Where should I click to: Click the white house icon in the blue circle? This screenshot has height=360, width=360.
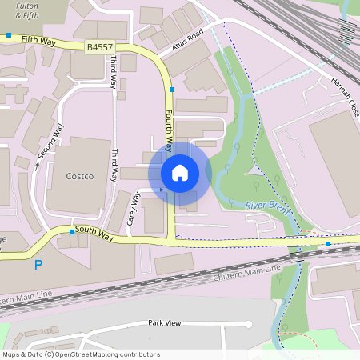tap(180, 172)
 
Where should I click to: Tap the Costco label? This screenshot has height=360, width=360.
tap(79, 176)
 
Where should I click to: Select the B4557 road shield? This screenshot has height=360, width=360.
tap(99, 48)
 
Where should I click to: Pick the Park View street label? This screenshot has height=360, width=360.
tap(165, 323)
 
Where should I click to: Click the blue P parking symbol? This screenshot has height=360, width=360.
tap(38, 265)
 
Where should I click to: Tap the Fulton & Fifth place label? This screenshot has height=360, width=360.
tap(26, 9)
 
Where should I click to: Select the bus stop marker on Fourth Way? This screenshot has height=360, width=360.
tap(172, 90)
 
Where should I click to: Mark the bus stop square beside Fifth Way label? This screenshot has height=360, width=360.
tap(8, 35)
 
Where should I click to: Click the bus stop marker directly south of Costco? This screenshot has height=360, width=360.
tap(72, 231)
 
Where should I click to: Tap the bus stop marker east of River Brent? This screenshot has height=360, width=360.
tap(328, 242)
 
